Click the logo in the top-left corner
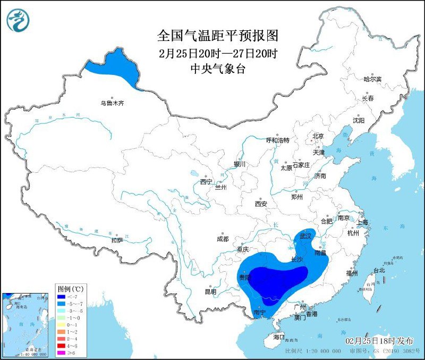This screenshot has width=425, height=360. [18, 20]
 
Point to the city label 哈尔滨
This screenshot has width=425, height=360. [372, 79]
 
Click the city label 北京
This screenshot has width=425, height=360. [318, 136]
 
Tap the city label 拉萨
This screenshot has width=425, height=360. [117, 240]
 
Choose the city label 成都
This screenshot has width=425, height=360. [223, 239]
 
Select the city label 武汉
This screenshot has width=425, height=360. [306, 236]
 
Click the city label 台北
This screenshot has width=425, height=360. [379, 270]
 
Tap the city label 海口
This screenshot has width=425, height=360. [279, 338]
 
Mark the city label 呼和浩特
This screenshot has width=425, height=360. [278, 140]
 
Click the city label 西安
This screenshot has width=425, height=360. [260, 204]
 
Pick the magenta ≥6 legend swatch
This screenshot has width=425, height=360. [62, 351]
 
